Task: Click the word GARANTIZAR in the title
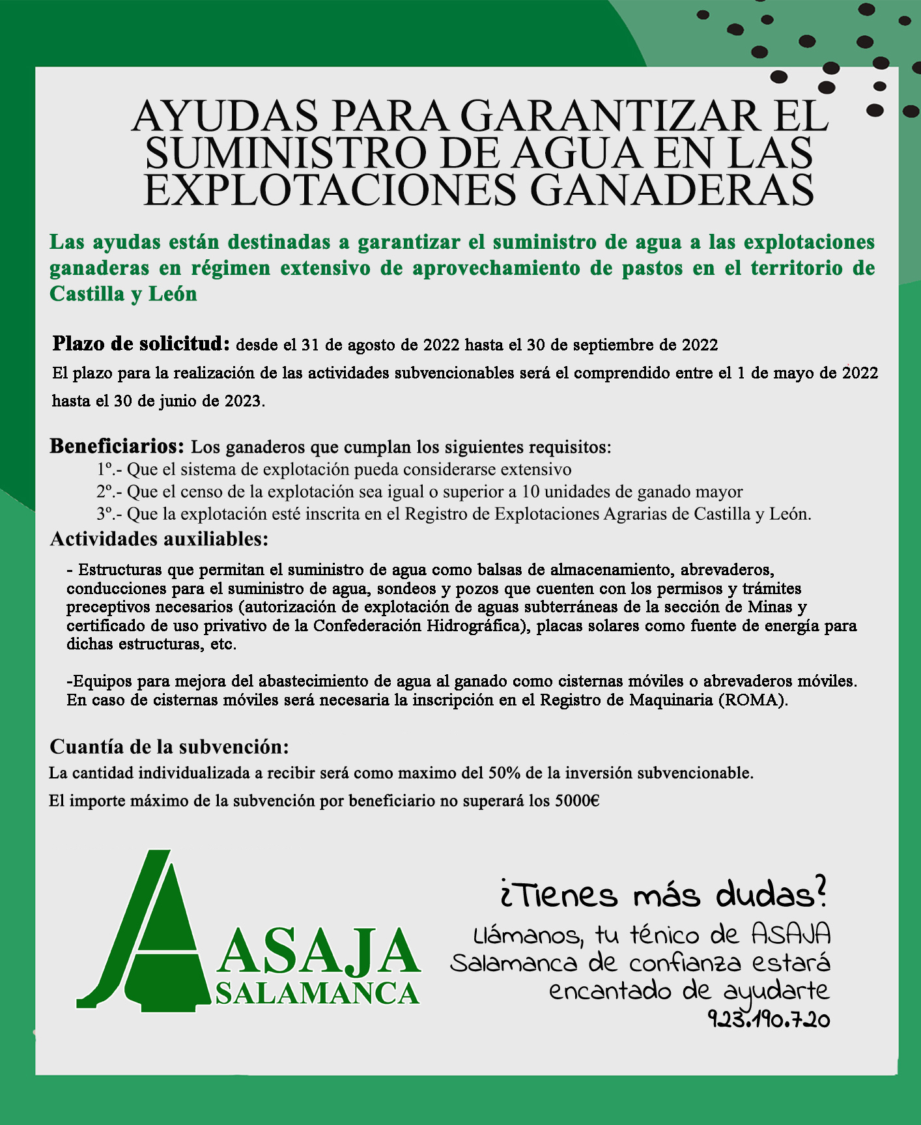coord(610,116)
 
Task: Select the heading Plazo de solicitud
coord(141,343)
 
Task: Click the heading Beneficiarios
coord(117,446)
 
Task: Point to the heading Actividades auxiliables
coord(159,539)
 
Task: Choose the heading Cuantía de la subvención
coord(169,746)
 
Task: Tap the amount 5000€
coord(577,801)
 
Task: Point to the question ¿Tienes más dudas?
coord(664,894)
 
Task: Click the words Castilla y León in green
coord(123,294)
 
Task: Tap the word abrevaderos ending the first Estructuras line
coord(727,570)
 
